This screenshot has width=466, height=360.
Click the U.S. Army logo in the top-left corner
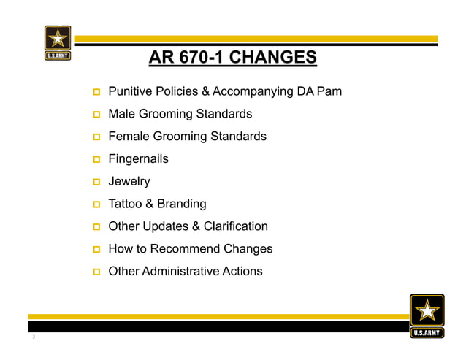[58, 42]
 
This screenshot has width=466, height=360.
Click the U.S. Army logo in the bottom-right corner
[426, 315]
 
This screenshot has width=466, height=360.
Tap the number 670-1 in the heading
[196, 57]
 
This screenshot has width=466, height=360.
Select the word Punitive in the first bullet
[131, 92]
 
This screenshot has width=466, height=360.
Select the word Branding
[181, 204]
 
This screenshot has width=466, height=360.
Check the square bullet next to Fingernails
[96, 160]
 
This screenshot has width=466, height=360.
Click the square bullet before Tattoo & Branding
[96, 204]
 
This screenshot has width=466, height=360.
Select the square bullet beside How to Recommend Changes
[96, 250]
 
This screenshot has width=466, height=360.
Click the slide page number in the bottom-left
[34, 338]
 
